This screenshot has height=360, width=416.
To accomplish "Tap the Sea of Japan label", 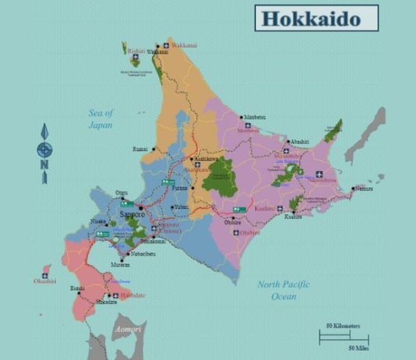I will (x=100, y=119).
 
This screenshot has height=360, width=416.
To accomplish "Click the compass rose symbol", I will (x=45, y=149).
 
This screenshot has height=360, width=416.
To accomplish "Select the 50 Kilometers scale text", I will (x=343, y=324).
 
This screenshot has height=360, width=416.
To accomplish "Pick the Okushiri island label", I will (x=44, y=281).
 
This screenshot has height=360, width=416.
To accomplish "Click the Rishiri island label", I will (x=136, y=51).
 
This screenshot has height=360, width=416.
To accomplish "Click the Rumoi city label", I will (x=140, y=148).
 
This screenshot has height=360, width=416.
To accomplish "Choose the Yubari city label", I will (x=181, y=206).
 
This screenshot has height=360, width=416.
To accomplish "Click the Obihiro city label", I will (x=233, y=222).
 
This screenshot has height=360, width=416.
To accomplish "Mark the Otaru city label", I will (x=121, y=192).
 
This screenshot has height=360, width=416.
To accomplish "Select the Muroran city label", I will (x=119, y=264).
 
